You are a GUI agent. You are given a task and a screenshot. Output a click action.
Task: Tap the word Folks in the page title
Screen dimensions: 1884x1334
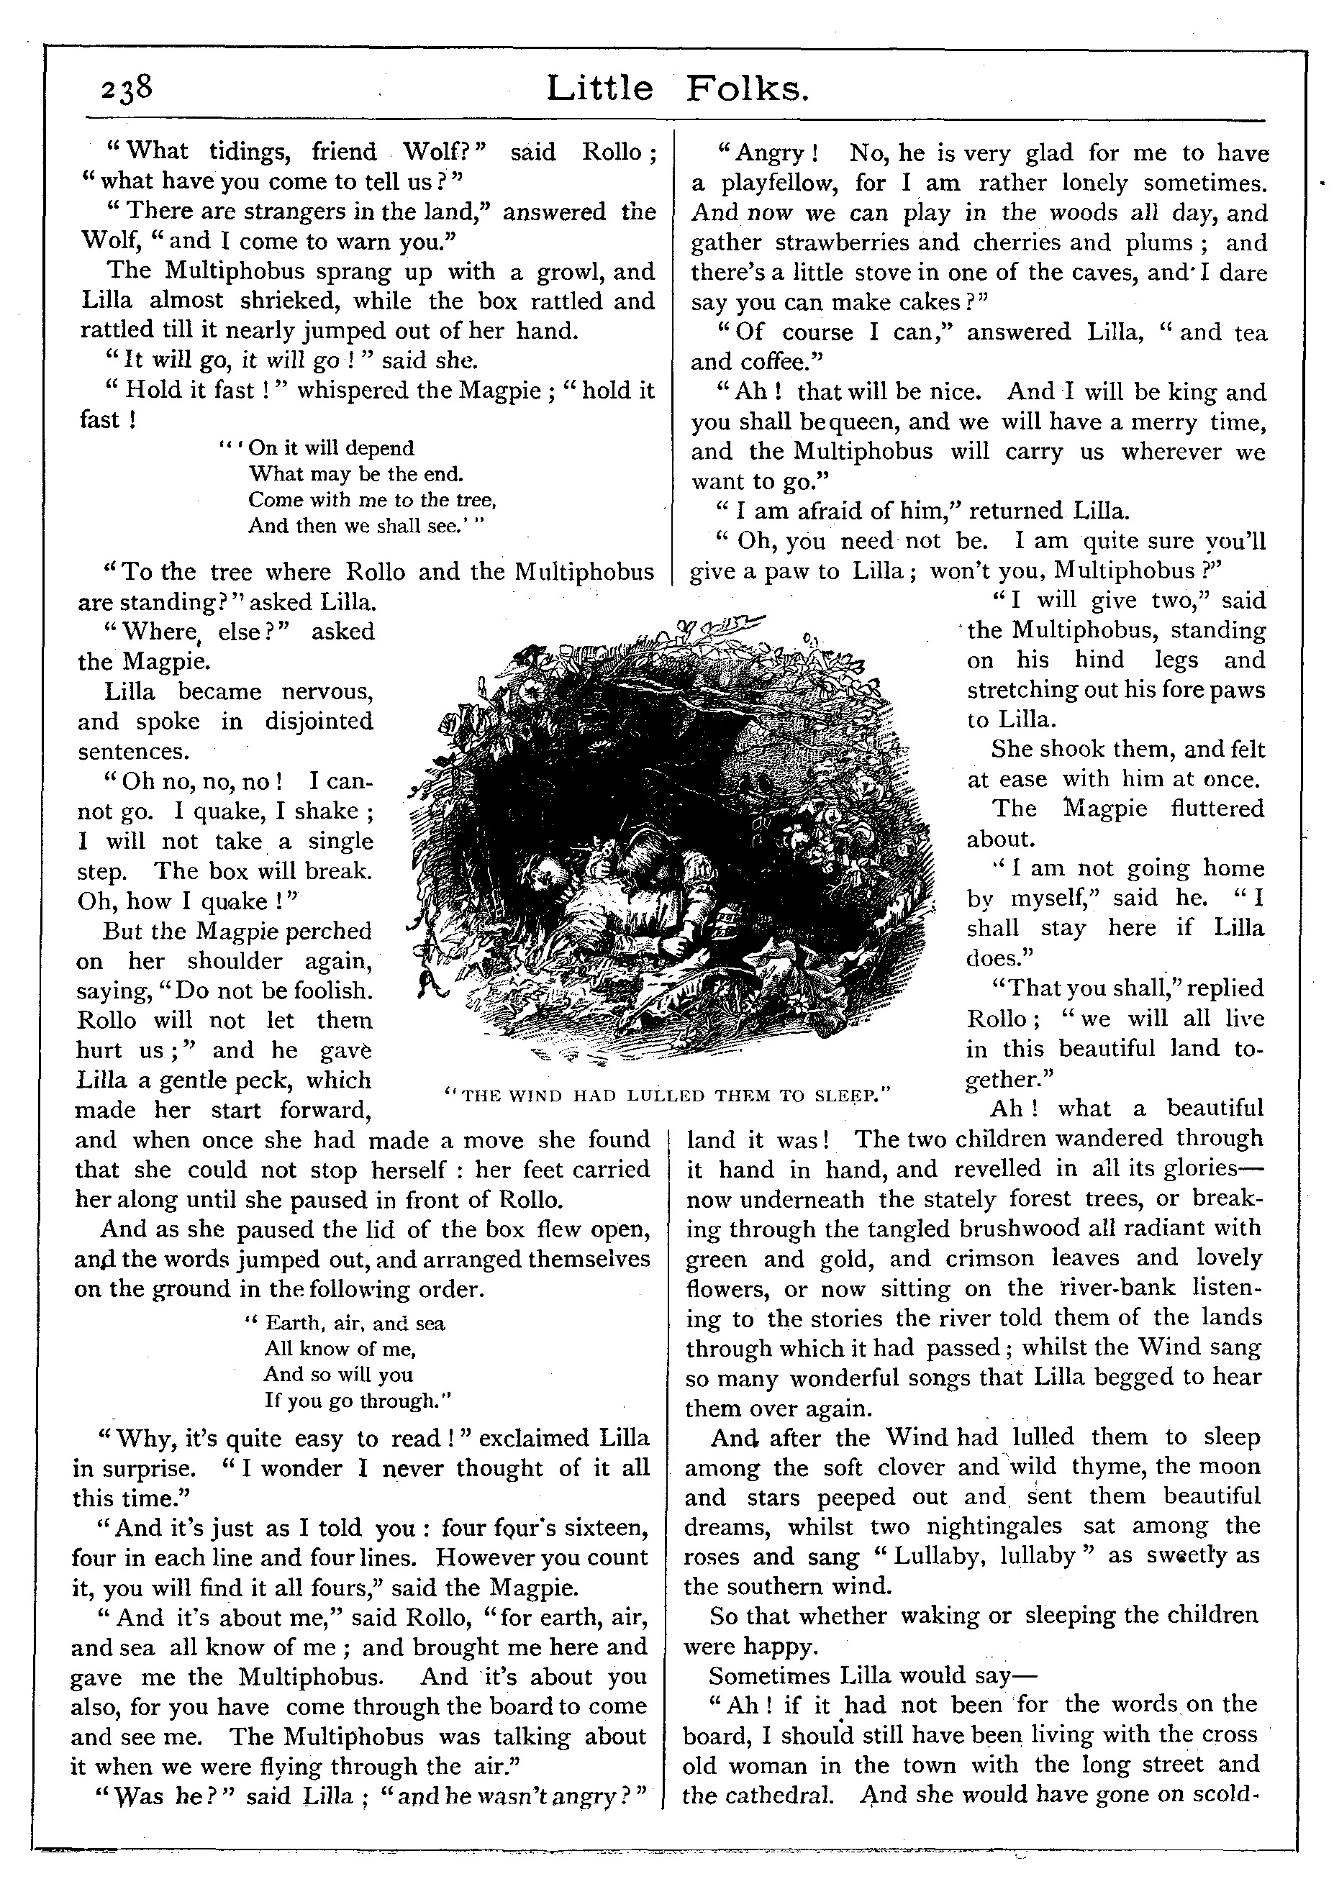pyautogui.click(x=748, y=88)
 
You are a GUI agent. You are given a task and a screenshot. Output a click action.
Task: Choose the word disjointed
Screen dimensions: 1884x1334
pyautogui.click(x=319, y=721)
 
